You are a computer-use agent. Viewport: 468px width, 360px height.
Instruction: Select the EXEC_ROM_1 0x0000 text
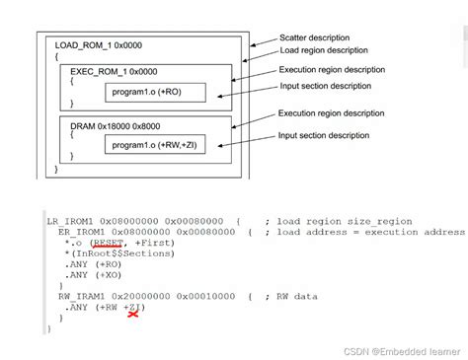tap(114, 72)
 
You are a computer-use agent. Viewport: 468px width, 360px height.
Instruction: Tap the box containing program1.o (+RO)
tap(157, 94)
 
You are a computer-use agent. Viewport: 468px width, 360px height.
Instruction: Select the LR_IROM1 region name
tap(67, 220)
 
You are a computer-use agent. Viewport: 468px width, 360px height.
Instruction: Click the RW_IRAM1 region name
tap(76, 295)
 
